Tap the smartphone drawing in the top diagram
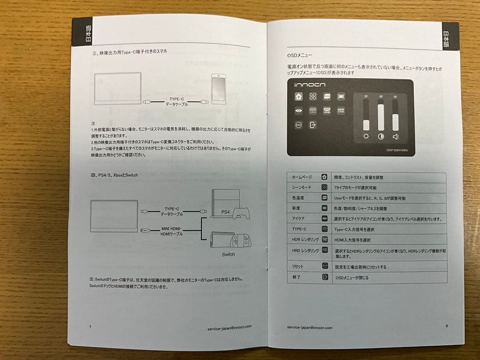coord(219,89)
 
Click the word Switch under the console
coord(228,254)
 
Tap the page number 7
coord(90,327)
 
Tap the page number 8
coord(446,326)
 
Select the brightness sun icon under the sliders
coord(366,136)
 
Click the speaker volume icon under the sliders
coord(396,136)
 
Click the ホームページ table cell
coord(302,177)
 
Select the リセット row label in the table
coord(298,266)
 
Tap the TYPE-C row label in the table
coord(299,229)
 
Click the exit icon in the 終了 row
coord(325,277)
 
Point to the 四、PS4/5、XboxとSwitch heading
coord(112,175)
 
